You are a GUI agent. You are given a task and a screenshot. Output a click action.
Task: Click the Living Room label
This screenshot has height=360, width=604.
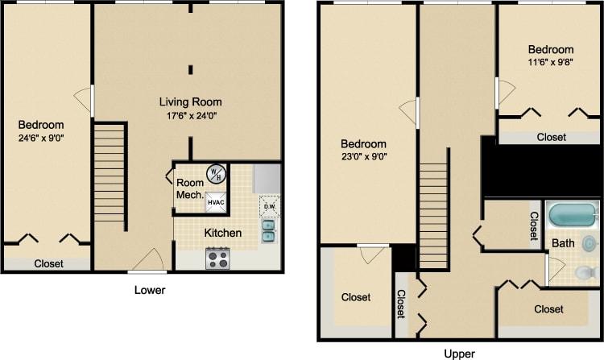(190, 102)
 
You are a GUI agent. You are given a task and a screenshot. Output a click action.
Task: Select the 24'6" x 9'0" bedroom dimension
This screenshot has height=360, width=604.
(41, 139)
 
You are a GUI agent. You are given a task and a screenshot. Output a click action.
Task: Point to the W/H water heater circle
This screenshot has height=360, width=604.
(216, 173)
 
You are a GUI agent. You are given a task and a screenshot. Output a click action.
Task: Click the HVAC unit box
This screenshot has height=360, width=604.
(216, 202)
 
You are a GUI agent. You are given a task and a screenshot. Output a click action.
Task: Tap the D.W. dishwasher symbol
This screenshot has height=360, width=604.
(269, 206)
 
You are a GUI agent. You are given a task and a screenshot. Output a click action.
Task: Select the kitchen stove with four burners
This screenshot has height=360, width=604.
(217, 258)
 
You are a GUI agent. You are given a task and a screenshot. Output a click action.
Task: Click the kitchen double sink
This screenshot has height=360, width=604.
(268, 231)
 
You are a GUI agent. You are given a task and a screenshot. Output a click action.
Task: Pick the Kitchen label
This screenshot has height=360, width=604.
(222, 233)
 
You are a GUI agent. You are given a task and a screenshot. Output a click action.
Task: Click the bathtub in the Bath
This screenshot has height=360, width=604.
(573, 216)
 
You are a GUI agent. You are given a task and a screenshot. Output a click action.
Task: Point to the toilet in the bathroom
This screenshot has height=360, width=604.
(586, 272)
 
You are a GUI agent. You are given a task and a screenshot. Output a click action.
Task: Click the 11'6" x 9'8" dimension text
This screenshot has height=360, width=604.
(551, 63)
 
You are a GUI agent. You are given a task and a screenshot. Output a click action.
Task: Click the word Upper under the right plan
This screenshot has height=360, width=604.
(459, 353)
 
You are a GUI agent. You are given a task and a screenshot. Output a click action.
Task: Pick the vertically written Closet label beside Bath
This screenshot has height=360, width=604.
(534, 225)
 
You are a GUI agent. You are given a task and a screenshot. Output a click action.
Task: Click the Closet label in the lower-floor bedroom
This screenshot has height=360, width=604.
(50, 263)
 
